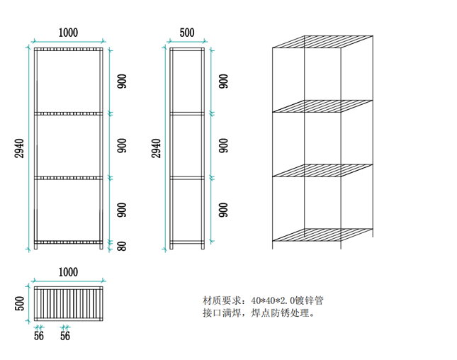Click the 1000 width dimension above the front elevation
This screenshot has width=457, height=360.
68,33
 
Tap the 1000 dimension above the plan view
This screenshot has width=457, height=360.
68,272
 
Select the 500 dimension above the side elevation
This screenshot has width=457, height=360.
187,33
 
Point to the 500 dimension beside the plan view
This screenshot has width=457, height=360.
20,303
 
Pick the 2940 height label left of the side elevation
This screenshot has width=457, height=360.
156,148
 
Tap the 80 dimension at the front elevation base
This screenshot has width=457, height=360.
122,246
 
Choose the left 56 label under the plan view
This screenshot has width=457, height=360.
38,336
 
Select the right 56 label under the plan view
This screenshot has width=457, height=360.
65,336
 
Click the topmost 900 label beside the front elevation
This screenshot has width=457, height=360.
122,81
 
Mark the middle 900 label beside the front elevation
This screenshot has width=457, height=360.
122,146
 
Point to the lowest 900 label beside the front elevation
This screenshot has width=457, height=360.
122,210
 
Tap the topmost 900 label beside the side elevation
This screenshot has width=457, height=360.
223,81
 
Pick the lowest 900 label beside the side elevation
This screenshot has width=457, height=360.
223,210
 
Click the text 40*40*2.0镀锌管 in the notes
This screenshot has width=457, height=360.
283,300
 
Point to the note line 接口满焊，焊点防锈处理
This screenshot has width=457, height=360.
258,313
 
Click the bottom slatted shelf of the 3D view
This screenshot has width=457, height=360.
323,235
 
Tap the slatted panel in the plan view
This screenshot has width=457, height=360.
68,303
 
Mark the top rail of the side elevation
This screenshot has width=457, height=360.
187,50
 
